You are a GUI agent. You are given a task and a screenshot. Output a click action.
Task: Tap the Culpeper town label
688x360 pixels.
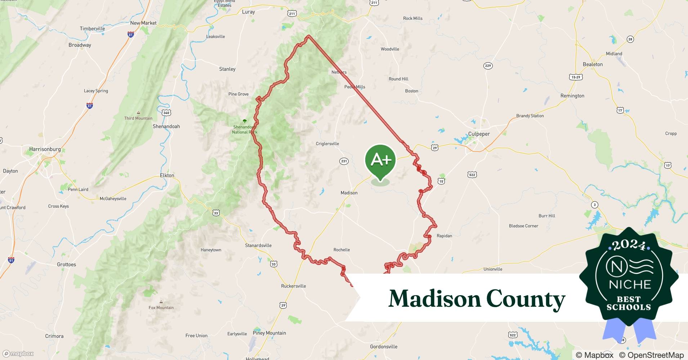[479, 134]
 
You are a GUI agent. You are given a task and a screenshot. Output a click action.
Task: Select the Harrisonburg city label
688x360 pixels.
[45, 149]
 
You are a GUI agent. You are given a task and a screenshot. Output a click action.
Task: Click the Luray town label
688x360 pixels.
[248, 12]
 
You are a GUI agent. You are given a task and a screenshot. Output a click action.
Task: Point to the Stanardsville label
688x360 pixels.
[258, 246]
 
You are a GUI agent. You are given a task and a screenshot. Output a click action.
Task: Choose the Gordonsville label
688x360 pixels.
[384, 347]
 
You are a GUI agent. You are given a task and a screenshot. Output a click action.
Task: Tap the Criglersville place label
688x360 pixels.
[327, 144]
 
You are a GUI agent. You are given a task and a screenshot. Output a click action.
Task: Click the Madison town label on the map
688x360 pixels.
[349, 193]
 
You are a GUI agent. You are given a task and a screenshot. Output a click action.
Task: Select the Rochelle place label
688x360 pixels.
[341, 250]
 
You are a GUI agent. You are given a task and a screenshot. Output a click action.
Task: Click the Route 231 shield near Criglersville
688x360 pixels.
[344, 161]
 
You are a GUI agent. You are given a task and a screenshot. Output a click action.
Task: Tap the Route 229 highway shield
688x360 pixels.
[488, 66]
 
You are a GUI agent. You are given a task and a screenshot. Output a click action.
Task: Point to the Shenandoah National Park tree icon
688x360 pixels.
[245, 121]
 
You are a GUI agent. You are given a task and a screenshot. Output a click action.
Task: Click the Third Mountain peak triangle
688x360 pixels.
[138, 112]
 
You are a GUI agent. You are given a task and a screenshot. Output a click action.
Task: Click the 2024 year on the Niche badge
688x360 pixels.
[628, 246]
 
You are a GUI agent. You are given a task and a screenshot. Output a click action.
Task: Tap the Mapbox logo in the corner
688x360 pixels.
[18, 354]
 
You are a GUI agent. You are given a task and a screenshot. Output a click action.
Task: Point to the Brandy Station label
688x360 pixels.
[530, 116]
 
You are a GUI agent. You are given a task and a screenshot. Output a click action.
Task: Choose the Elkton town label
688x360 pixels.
[167, 175]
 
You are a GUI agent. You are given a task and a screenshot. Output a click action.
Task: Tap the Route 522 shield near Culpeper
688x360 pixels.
[472, 175]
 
